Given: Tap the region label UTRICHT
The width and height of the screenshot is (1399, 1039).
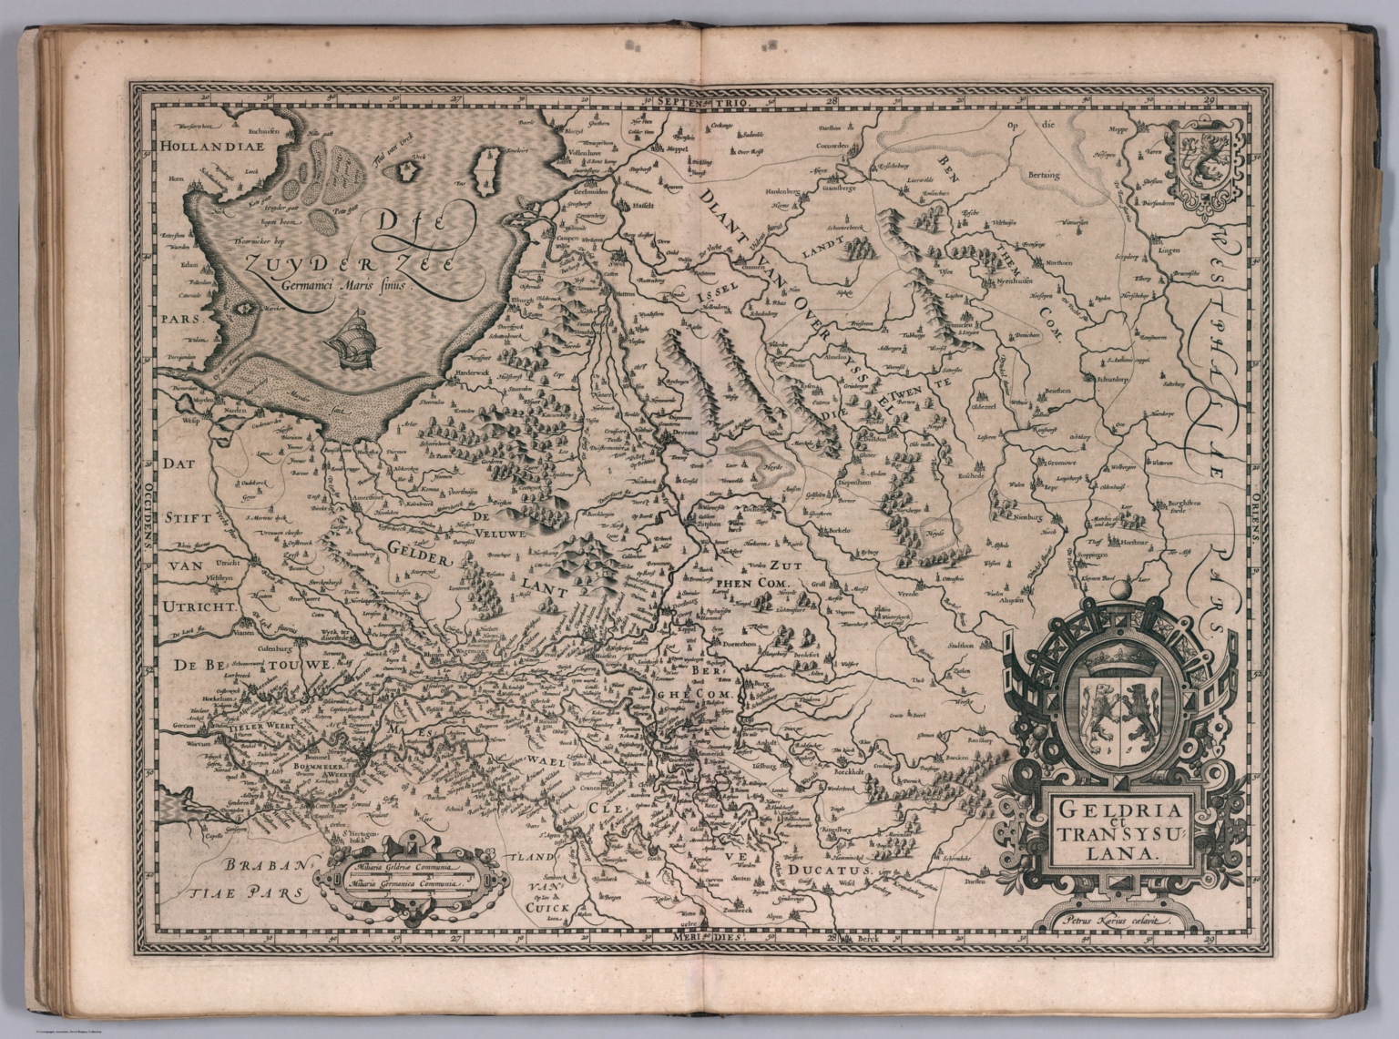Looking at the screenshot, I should (x=200, y=605).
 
